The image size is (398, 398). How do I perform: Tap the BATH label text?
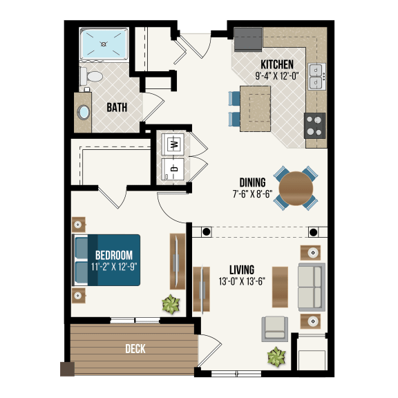pos(116,108)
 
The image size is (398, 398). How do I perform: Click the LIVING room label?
pos(242,269)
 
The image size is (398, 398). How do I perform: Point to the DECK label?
pos(135,349)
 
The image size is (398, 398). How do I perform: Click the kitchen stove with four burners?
pos(315,126)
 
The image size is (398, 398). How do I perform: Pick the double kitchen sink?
pos(317,76)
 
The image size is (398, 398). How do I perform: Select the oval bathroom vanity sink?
pos(84,112)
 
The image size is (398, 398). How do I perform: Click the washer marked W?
pos(175,144)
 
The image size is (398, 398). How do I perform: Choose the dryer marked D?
pos(175,168)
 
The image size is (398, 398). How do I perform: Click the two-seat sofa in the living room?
pos(310,285)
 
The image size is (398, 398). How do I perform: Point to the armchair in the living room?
pos(276,328)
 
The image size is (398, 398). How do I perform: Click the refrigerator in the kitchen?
pos(247,39)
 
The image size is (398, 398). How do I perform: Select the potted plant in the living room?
pos(277,356)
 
